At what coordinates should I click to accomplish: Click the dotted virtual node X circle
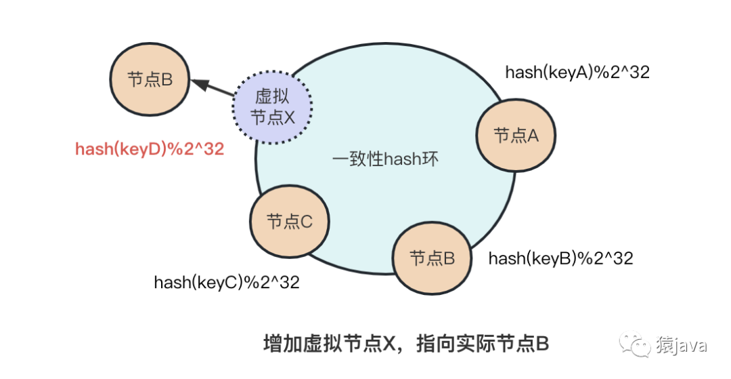(273, 106)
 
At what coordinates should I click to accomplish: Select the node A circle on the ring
(516, 136)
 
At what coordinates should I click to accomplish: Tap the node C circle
(289, 222)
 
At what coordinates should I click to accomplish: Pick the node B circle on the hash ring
(432, 258)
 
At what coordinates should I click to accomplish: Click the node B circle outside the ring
(150, 79)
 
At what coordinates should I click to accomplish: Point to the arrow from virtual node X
(214, 88)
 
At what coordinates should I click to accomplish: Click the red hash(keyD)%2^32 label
(150, 150)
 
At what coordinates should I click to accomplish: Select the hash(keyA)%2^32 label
(577, 73)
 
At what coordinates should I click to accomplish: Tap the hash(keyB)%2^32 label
(560, 258)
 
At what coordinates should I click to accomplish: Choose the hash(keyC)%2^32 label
(227, 282)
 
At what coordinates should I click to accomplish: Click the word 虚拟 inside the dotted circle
(273, 96)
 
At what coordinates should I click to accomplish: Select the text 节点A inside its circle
(516, 136)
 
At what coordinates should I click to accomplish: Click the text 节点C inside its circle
(289, 222)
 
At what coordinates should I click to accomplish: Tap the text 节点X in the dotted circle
(273, 117)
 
